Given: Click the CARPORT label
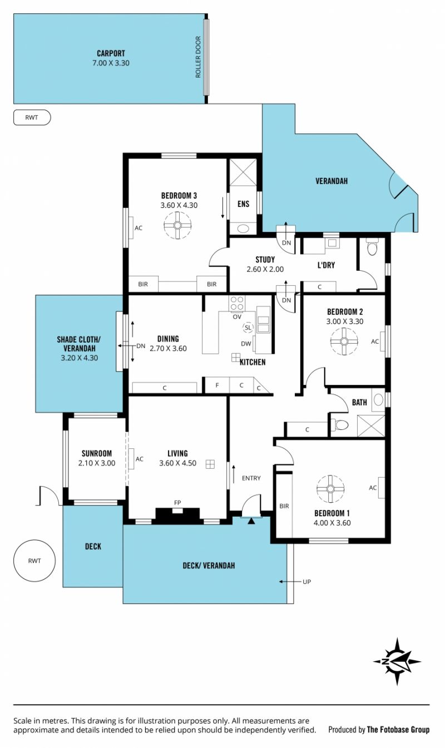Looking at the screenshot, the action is point(111,53).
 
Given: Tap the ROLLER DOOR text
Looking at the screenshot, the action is point(198,57).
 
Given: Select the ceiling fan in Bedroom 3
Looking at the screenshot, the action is point(177,225).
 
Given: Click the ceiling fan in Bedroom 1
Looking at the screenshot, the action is point(330,489).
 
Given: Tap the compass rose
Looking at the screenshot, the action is point(397,661).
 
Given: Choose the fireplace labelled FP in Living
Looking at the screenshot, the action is point(177,514).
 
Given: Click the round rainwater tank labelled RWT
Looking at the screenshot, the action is point(34,561).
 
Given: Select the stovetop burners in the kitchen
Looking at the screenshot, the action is point(237,303).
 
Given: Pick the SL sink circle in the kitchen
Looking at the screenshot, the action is point(248,328).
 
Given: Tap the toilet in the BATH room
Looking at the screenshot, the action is point(339,425).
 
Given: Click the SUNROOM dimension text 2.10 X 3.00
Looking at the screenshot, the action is point(97,463).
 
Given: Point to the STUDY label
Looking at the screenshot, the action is point(265,260).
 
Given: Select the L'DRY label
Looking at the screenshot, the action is point(326,265).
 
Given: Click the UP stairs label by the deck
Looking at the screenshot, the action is point(306,582).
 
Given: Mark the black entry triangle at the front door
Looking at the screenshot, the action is point(251,521).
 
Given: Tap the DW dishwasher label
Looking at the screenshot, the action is point(246,344).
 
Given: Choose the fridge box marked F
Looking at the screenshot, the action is point(217,385).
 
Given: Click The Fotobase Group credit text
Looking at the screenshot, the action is point(398,730).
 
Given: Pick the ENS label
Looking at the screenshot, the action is point(243,204).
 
